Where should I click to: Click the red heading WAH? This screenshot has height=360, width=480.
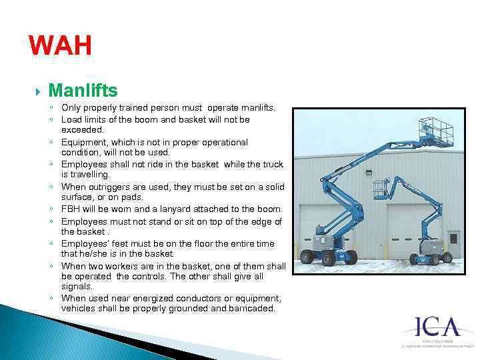pos(60,47)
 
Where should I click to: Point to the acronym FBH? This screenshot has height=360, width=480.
pos(71,209)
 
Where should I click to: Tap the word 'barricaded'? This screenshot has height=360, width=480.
pos(250,309)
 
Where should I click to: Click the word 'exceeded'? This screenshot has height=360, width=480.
pos(83,130)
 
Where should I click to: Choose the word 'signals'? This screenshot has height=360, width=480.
pos(77,286)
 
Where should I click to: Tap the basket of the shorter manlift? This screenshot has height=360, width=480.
pos(381,189)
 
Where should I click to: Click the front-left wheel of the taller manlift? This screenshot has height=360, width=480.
pos(307,257)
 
